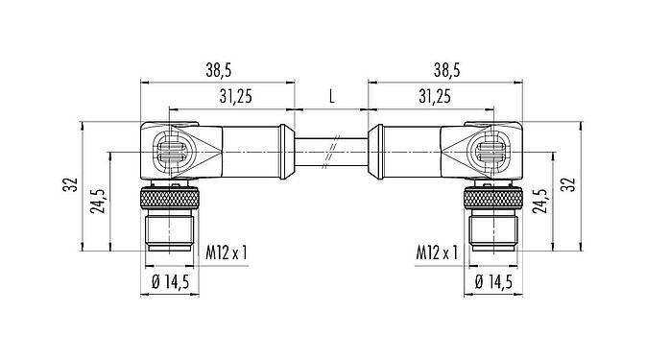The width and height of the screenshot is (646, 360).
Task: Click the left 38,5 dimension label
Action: tap(218, 71)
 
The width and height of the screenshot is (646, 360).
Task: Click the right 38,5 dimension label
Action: tap(446, 71)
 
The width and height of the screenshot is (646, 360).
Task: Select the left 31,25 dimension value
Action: tap(235, 96)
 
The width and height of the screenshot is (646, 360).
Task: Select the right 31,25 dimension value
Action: tap(435, 96)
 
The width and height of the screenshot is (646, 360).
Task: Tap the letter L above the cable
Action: tap(332, 96)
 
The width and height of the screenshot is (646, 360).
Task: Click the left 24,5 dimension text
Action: tap(97, 201)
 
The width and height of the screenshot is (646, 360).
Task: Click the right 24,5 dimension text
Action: tap(540, 201)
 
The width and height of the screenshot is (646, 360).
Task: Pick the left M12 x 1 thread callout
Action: tap(227, 252)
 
